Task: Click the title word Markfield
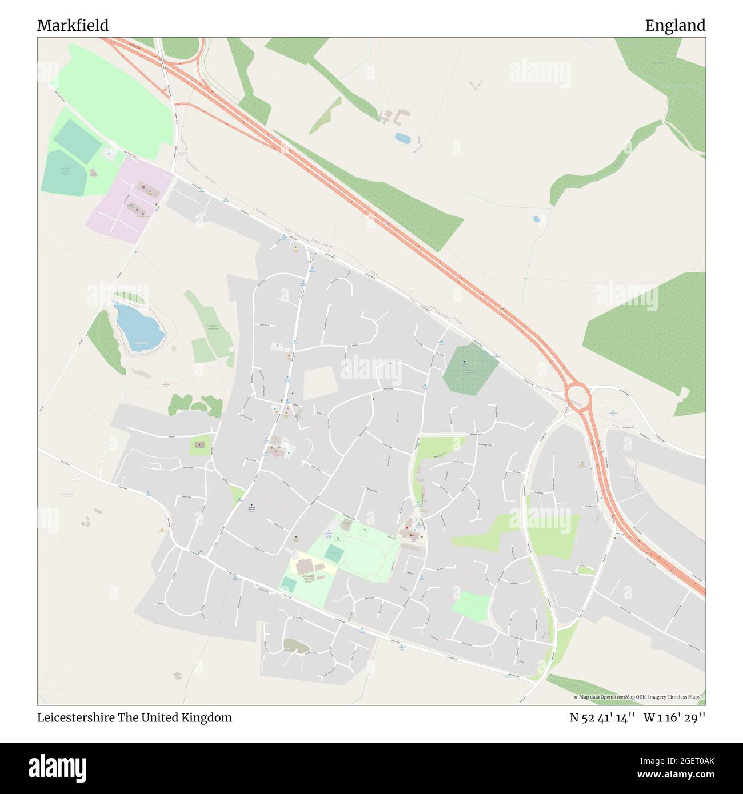pyautogui.click(x=73, y=26)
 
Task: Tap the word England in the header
pyautogui.click(x=675, y=26)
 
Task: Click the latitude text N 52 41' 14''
pyautogui.click(x=603, y=717)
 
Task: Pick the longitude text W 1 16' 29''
pyautogui.click(x=674, y=717)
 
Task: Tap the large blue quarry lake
pyautogui.click(x=139, y=327)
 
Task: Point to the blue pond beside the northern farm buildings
pyautogui.click(x=402, y=138)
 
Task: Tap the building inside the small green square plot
pyautogui.click(x=199, y=444)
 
